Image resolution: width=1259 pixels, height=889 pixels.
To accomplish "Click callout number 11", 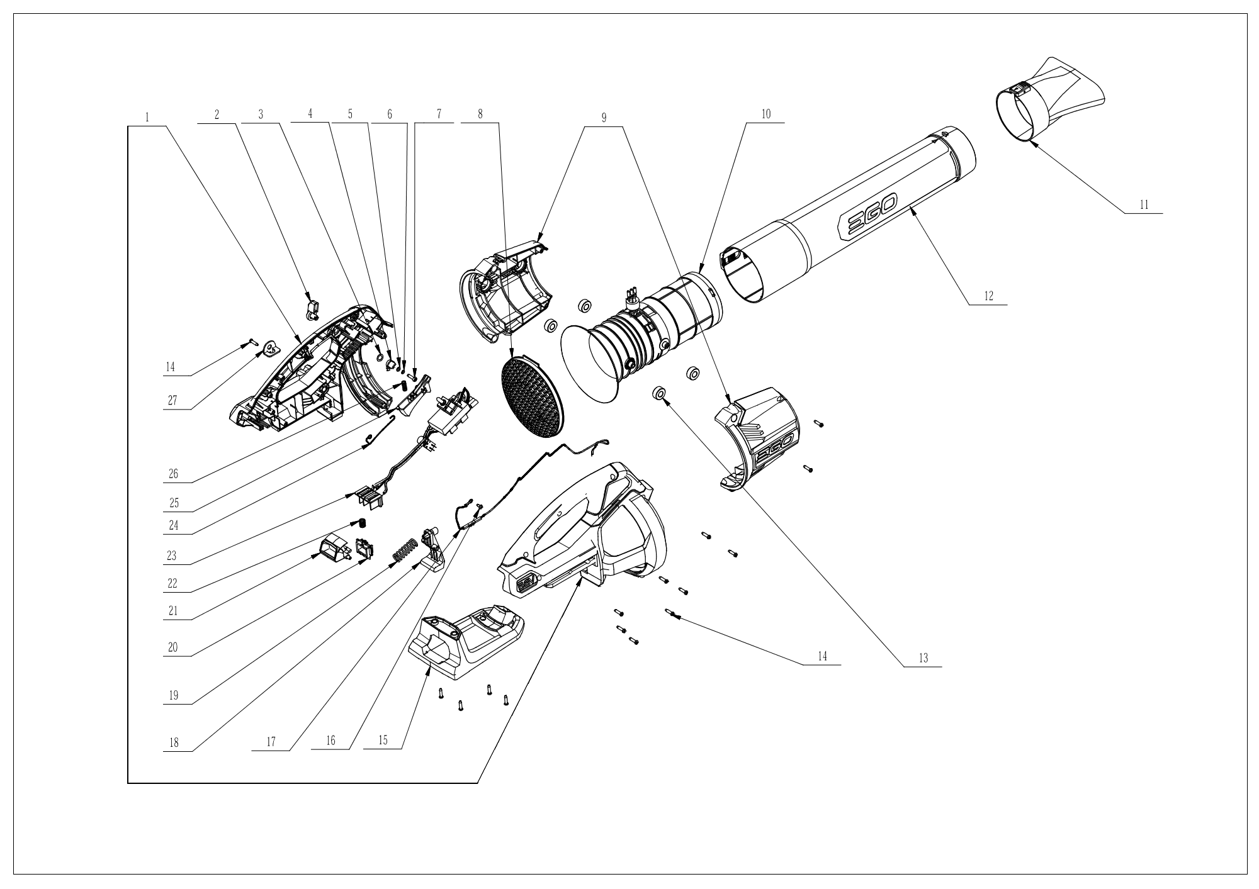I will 1144,205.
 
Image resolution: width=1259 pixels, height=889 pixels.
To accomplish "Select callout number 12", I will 988,296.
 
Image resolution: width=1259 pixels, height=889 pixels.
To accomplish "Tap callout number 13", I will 923,658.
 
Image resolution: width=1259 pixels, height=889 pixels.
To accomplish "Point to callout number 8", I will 480,115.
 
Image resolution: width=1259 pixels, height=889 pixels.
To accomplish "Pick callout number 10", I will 766,115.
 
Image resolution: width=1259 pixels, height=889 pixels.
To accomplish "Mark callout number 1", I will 147,118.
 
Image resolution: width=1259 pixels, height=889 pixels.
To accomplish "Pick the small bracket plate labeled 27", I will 271,348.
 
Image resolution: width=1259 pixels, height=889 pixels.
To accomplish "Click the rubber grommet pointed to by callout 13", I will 658,394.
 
